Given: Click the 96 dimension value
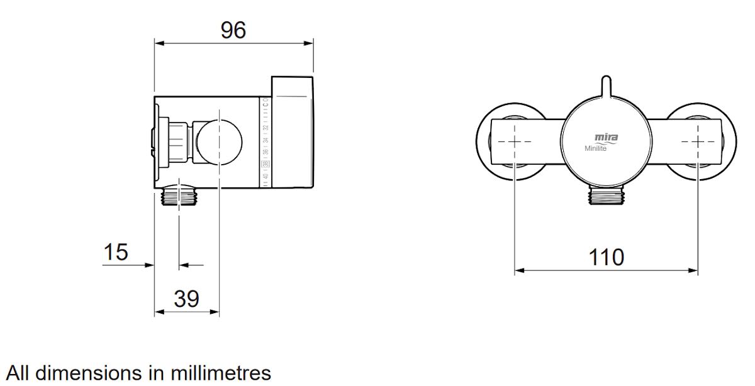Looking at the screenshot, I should pos(233,30).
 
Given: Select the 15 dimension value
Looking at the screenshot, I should pos(116,252).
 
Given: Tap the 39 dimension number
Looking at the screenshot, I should pos(186,299).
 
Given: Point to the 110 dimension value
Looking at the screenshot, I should pos(606,257).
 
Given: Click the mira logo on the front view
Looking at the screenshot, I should pos(606,138).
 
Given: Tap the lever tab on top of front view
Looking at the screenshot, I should pos(606,87).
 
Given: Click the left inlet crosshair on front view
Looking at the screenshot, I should pos(515,141).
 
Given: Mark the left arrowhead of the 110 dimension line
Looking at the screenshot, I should pos(518,272).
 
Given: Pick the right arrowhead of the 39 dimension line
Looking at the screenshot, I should pos(215,312).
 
